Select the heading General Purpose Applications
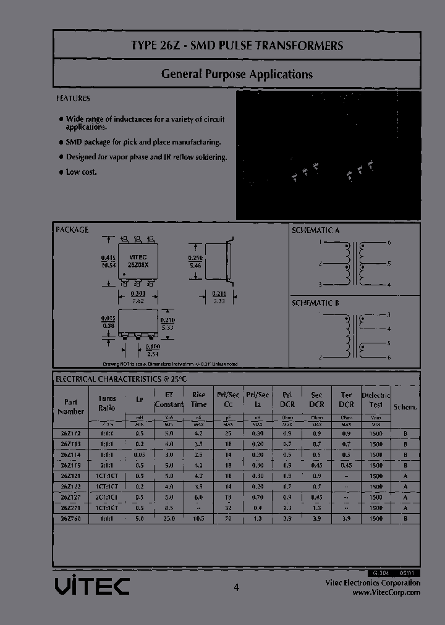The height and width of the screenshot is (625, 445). pos(237,74)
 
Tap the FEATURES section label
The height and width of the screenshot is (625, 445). pos(73,98)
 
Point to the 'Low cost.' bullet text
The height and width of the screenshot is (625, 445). pos(82,172)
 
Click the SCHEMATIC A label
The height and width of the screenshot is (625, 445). pos(315,230)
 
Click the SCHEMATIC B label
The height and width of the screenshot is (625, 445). pos(315,303)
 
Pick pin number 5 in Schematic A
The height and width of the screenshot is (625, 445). pos(389,263)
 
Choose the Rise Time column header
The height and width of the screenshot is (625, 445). pos(198,400)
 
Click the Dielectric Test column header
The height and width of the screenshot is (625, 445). pos(376,400)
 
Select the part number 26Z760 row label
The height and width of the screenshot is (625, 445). pos(70,518)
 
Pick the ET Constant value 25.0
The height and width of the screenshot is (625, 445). pos(169,518)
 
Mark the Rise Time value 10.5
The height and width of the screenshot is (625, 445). pos(198,518)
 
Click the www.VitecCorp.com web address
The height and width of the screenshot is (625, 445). pos(386,592)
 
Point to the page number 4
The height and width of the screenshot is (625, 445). pos(236,588)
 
